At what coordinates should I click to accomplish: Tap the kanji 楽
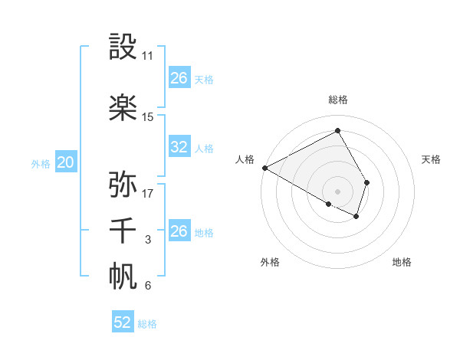pos(123,107)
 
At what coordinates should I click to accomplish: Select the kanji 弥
pos(123,185)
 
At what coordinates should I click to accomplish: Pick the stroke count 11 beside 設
pos(148,56)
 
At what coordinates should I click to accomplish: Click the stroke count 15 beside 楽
pos(148,117)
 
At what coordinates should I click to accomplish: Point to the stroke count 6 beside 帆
pos(148,286)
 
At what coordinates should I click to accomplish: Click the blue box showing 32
pos(179,147)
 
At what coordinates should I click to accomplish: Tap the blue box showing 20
pos(66,162)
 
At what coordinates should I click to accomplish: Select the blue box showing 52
pos(123,322)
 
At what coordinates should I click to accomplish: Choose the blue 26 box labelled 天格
pos(179,77)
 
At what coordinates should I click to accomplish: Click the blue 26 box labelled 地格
pos(179,231)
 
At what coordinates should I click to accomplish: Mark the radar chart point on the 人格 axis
pos(264,168)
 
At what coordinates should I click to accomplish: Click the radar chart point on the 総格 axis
pos(337,131)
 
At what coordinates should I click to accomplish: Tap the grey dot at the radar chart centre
pos(337,190)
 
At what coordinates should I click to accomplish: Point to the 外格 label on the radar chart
pos(270,263)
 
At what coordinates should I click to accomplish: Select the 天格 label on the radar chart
pos(432,159)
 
